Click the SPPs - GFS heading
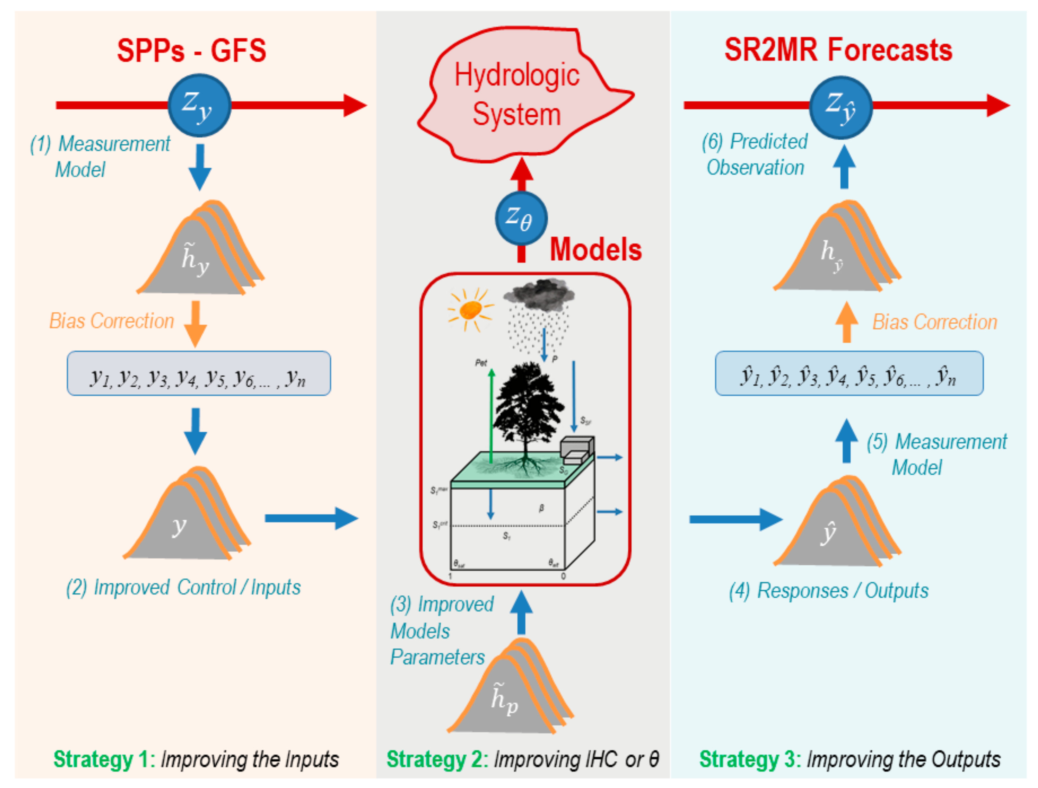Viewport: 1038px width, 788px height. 191,51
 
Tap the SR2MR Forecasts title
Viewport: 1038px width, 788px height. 838,50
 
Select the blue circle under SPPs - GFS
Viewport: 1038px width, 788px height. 199,105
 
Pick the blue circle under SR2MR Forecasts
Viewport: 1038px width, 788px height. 841,107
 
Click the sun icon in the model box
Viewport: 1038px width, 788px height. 471,309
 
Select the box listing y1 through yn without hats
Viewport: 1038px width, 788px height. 198,373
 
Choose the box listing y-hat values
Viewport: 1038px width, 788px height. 849,373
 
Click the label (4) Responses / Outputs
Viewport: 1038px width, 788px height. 828,591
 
